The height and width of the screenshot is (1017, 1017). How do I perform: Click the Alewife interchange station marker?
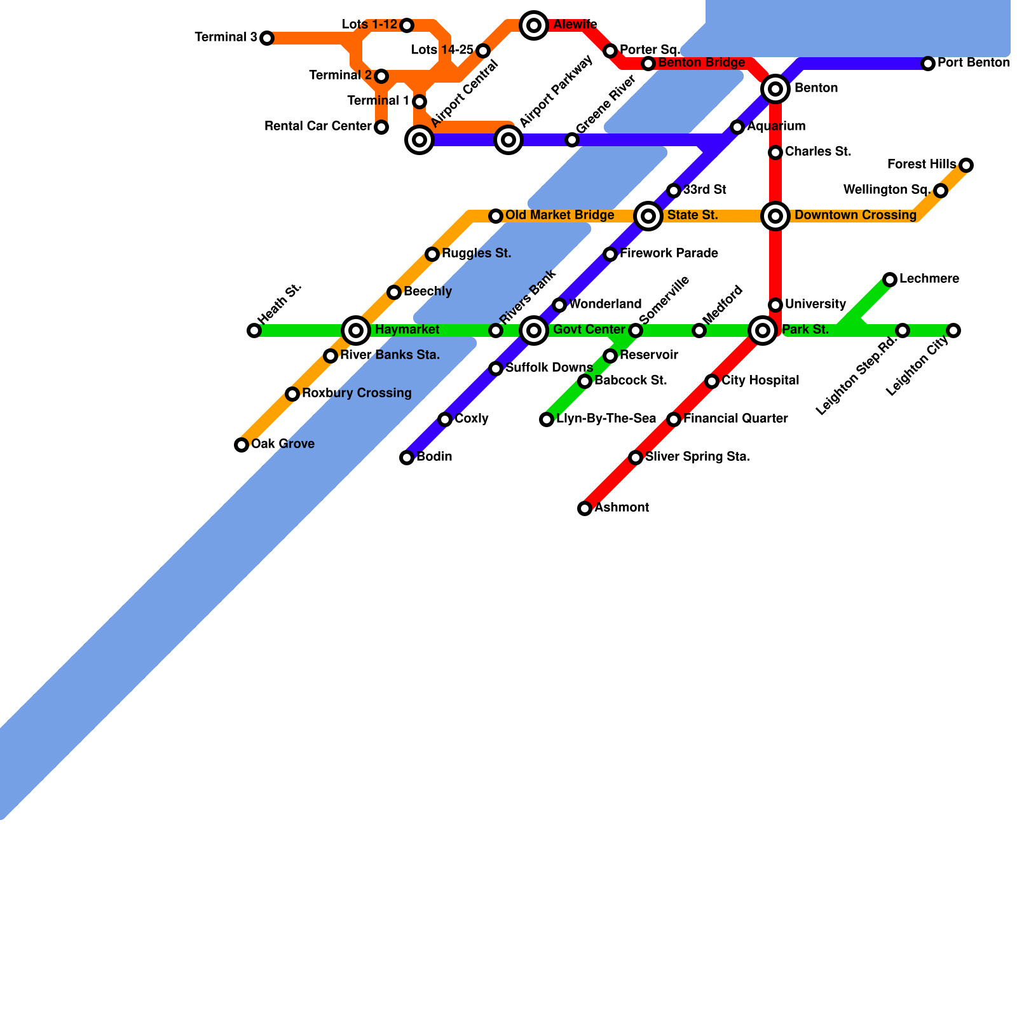(534, 25)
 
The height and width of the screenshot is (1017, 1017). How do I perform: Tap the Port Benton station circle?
(928, 64)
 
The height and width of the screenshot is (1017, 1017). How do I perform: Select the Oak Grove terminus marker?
(242, 445)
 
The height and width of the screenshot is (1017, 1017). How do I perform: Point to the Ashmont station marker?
(585, 508)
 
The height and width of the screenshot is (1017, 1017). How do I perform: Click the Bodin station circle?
(407, 458)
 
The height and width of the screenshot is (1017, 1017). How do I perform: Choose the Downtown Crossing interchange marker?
(775, 216)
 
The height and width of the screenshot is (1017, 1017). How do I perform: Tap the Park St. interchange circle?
(763, 331)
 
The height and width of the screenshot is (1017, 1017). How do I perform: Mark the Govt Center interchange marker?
(534, 331)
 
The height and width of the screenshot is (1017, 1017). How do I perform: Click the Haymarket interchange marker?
(356, 331)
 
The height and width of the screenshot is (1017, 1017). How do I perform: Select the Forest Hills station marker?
(966, 165)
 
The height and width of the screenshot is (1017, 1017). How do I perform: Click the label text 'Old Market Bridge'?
(559, 215)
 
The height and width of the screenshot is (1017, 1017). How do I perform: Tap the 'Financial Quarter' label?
(735, 419)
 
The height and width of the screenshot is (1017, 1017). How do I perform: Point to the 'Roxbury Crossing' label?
(357, 393)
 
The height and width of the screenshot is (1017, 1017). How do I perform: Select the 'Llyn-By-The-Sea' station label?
(606, 419)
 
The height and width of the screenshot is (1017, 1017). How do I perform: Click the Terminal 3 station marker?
(267, 38)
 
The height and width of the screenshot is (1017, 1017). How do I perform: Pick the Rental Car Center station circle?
(381, 127)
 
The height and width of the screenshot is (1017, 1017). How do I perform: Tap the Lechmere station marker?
(890, 280)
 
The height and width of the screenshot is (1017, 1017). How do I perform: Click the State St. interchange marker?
(648, 216)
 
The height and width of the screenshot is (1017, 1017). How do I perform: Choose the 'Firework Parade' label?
(669, 254)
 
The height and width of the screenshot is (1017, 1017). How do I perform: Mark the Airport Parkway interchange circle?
(508, 140)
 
